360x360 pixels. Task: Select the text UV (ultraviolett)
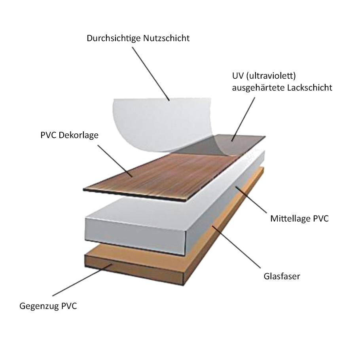(258, 76)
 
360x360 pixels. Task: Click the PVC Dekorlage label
(69, 135)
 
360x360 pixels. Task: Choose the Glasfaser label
(281, 276)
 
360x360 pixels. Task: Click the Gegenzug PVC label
(48, 306)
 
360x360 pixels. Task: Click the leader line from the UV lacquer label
(243, 117)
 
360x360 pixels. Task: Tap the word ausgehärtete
(256, 87)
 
